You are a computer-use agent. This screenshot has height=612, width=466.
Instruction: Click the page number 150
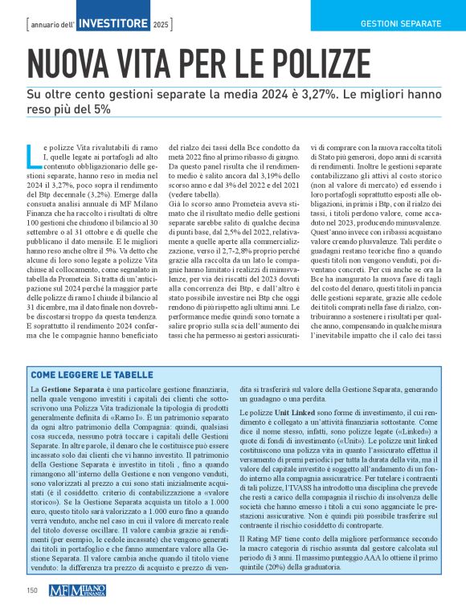click(32, 592)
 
